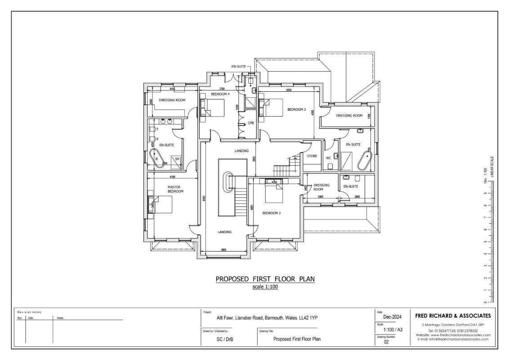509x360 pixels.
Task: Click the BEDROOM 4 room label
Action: (x=221, y=94)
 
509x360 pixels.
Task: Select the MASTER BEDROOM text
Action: (x=175, y=189)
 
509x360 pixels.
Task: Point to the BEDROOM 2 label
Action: (x=272, y=213)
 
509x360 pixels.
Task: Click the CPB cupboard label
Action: (x=250, y=123)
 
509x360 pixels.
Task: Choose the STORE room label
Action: (x=312, y=156)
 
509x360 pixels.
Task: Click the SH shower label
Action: (x=177, y=159)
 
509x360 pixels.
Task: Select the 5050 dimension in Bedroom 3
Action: (x=289, y=90)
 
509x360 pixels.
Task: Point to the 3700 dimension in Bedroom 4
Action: (x=222, y=89)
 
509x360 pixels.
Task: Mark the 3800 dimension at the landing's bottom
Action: (x=224, y=249)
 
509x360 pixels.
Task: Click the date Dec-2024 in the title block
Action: (x=389, y=317)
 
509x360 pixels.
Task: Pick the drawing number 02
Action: (x=386, y=342)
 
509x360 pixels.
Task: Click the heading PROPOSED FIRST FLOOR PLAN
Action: (x=265, y=279)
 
